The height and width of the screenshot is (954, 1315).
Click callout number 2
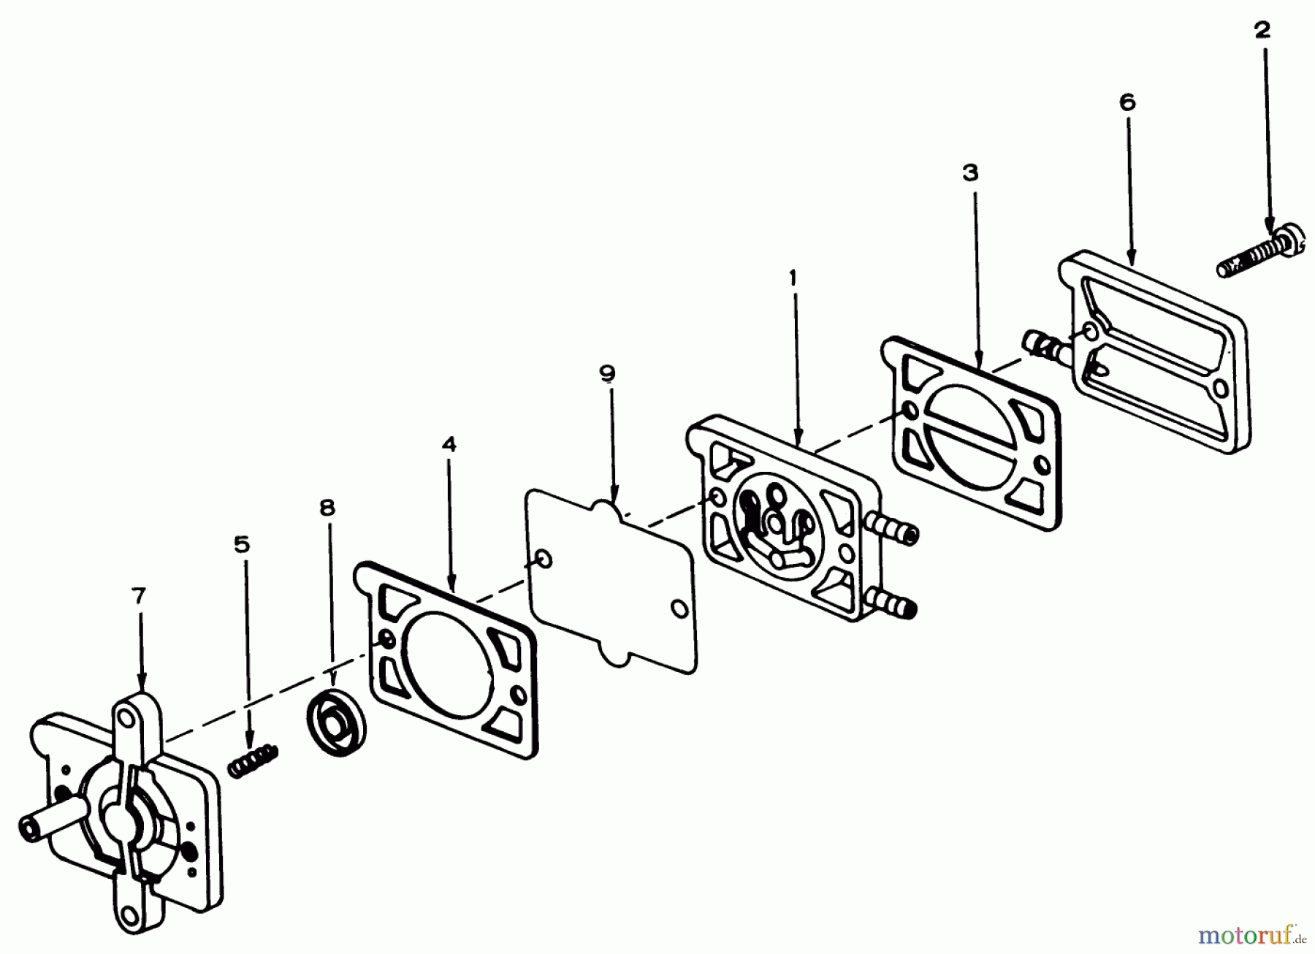click(1262, 31)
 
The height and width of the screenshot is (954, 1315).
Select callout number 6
click(1127, 103)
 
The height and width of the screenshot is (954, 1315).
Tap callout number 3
click(970, 173)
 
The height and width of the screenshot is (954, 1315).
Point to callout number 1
click(793, 278)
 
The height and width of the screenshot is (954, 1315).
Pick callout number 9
click(607, 374)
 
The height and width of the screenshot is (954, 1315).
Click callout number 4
click(449, 444)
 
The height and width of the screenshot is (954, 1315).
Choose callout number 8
click(327, 508)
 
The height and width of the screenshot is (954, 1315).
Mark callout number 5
click(242, 545)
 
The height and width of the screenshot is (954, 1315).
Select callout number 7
click(139, 596)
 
